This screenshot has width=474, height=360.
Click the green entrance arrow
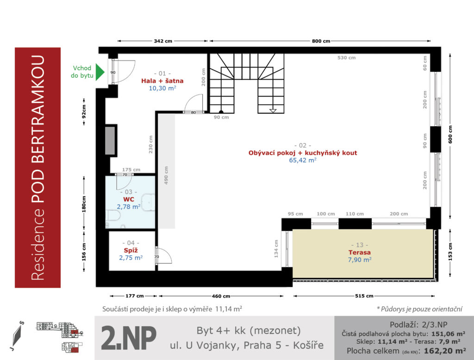click(100, 72)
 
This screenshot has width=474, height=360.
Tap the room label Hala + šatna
click(162, 81)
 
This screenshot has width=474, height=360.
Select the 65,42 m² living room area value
click(303, 160)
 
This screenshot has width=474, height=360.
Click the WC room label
click(129, 199)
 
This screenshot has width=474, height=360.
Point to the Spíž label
click(131, 250)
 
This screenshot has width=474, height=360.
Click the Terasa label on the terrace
click(359, 252)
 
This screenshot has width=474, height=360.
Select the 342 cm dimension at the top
click(163, 41)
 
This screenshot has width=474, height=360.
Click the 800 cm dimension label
click(321, 41)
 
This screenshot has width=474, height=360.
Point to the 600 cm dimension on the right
click(450, 135)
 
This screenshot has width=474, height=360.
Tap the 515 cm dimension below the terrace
click(364, 296)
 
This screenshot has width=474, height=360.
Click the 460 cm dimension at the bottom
click(221, 296)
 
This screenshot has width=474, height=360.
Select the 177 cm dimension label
click(135, 296)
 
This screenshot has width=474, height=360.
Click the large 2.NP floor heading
click(129, 338)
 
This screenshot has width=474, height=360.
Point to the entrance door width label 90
click(113, 73)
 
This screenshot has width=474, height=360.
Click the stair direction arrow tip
click(273, 112)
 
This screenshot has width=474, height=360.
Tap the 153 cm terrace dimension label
click(450, 252)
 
